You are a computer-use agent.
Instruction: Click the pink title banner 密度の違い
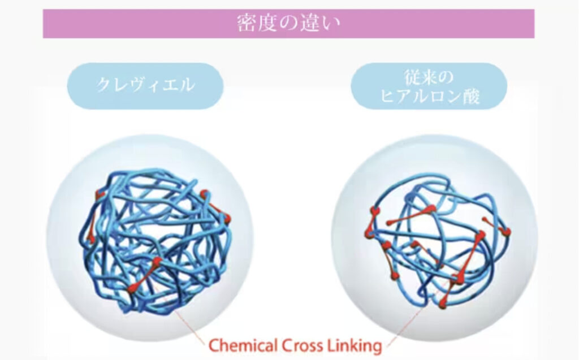click(x=288, y=24)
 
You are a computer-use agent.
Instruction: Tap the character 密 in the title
click(x=247, y=23)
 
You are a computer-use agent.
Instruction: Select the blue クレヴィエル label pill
click(x=145, y=86)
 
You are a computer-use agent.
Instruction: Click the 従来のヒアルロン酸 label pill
click(x=429, y=86)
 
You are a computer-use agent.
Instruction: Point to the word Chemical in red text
click(x=243, y=346)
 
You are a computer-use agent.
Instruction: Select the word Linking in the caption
click(x=353, y=346)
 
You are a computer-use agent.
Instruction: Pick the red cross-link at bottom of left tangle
click(x=145, y=275)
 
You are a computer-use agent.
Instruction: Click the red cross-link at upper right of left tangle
click(x=215, y=207)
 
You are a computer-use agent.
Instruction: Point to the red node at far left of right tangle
click(x=369, y=233)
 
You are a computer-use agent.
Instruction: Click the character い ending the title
click(x=330, y=24)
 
